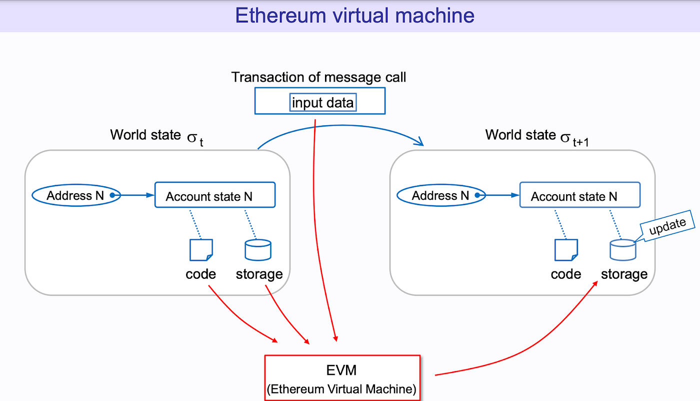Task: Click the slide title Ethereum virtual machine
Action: pos(354,16)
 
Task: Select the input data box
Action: pos(323,103)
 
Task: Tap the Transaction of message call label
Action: pos(318,78)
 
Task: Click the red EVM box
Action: pos(342,377)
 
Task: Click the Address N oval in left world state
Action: pos(76,195)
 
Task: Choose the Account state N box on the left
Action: pos(215,195)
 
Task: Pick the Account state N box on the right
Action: pos(580,195)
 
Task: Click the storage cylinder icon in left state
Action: pos(258,249)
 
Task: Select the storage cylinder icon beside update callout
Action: pos(623,249)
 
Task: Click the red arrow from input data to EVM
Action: pos(325,225)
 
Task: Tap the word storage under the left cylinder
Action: pos(259,274)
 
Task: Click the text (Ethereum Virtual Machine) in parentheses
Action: pos(342,389)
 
